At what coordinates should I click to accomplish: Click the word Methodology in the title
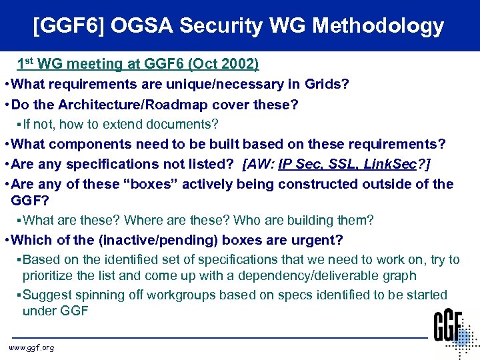pos(378,27)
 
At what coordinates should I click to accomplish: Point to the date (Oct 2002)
pos(225,65)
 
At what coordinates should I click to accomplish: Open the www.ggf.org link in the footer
pos(31,347)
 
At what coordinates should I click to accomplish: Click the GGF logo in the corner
pos(455,333)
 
